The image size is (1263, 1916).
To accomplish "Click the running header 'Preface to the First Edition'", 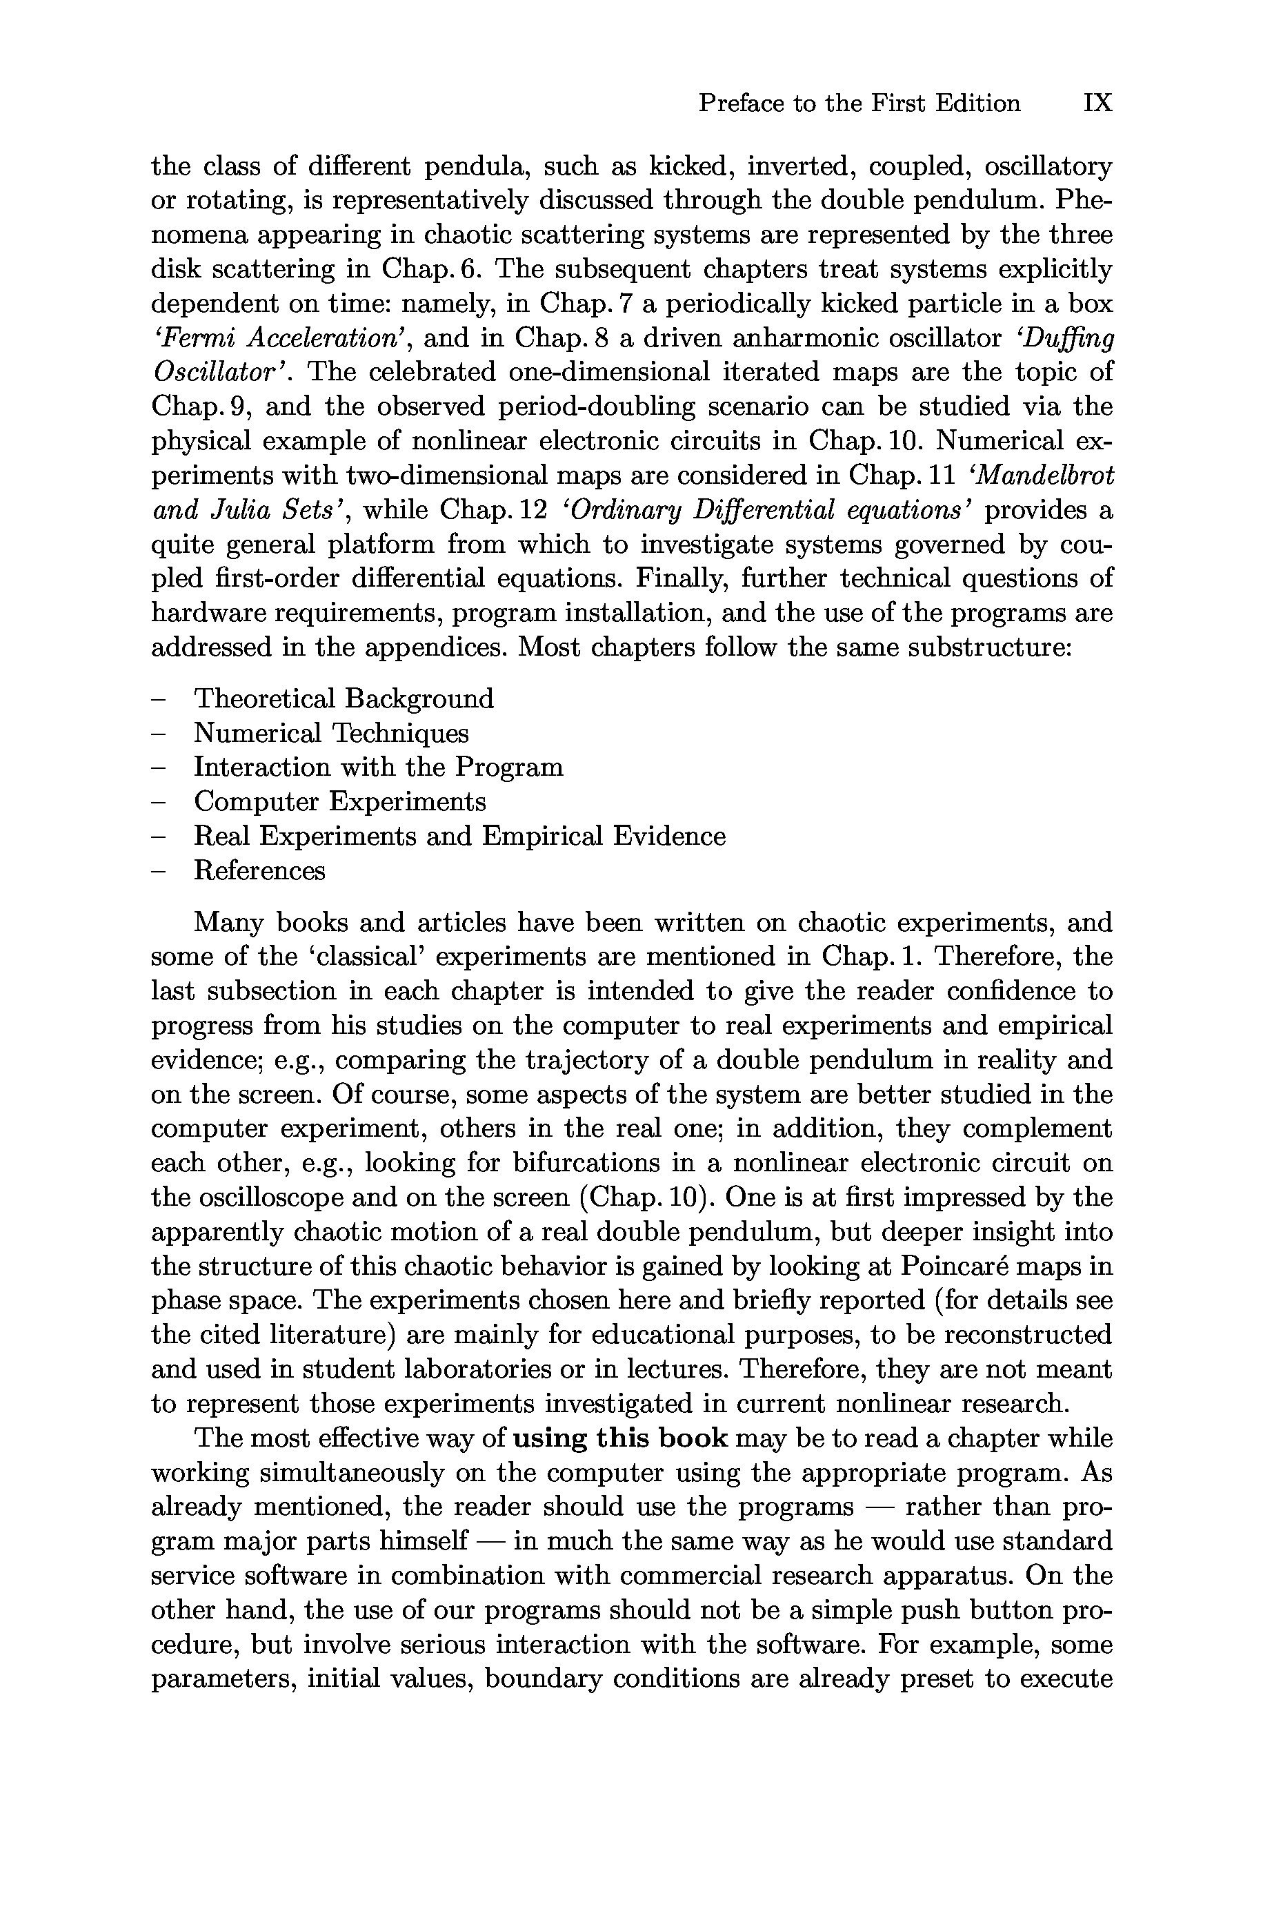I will (859, 103).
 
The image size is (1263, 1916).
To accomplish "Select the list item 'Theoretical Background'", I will (344, 698).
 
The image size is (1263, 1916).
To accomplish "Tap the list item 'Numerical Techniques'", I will (331, 733).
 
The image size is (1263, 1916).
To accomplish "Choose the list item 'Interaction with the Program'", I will (379, 767).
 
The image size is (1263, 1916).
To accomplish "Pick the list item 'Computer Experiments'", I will (340, 802).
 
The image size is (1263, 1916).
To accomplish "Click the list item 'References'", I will (259, 871).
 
